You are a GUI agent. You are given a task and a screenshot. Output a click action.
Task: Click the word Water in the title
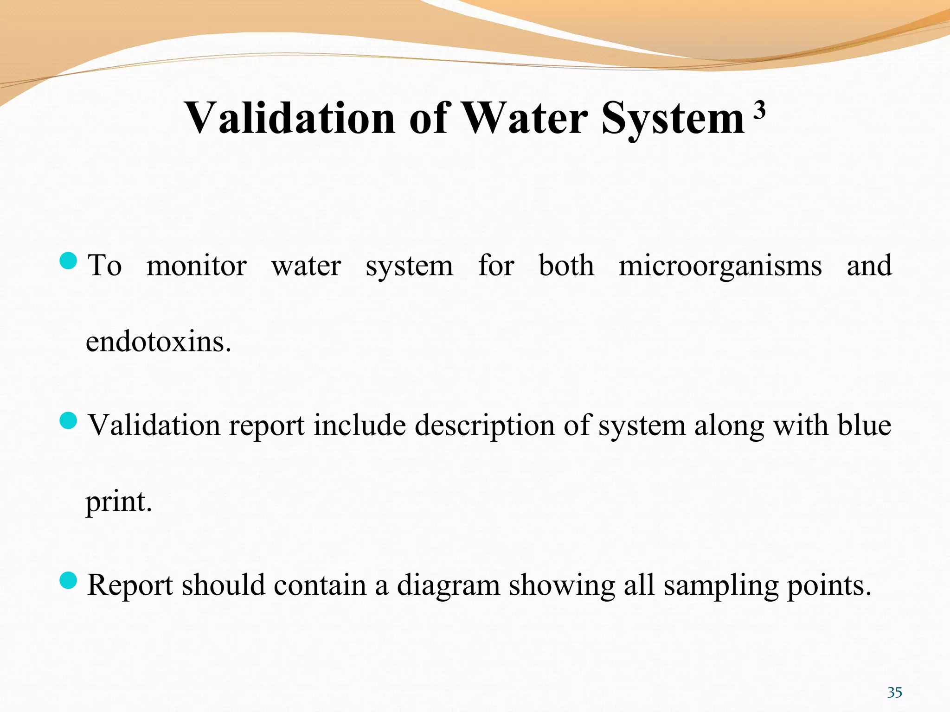(525, 118)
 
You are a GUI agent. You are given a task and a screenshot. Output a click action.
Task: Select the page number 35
(894, 693)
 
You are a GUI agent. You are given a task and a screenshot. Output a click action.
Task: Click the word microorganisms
(720, 266)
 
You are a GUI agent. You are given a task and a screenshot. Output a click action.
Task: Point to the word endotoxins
(158, 342)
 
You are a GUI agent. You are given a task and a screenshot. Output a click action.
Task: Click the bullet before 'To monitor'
(68, 261)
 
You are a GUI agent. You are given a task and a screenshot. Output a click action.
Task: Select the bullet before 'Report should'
(68, 580)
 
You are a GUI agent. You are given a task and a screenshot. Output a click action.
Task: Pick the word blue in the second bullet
(864, 426)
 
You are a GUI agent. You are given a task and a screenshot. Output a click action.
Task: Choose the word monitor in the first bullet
(196, 266)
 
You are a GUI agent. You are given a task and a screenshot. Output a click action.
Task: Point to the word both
(566, 266)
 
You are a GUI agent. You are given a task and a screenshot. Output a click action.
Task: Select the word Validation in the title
(289, 118)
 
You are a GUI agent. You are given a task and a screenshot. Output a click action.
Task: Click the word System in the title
(673, 119)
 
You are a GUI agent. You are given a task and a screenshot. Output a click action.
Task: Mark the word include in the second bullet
(359, 426)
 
